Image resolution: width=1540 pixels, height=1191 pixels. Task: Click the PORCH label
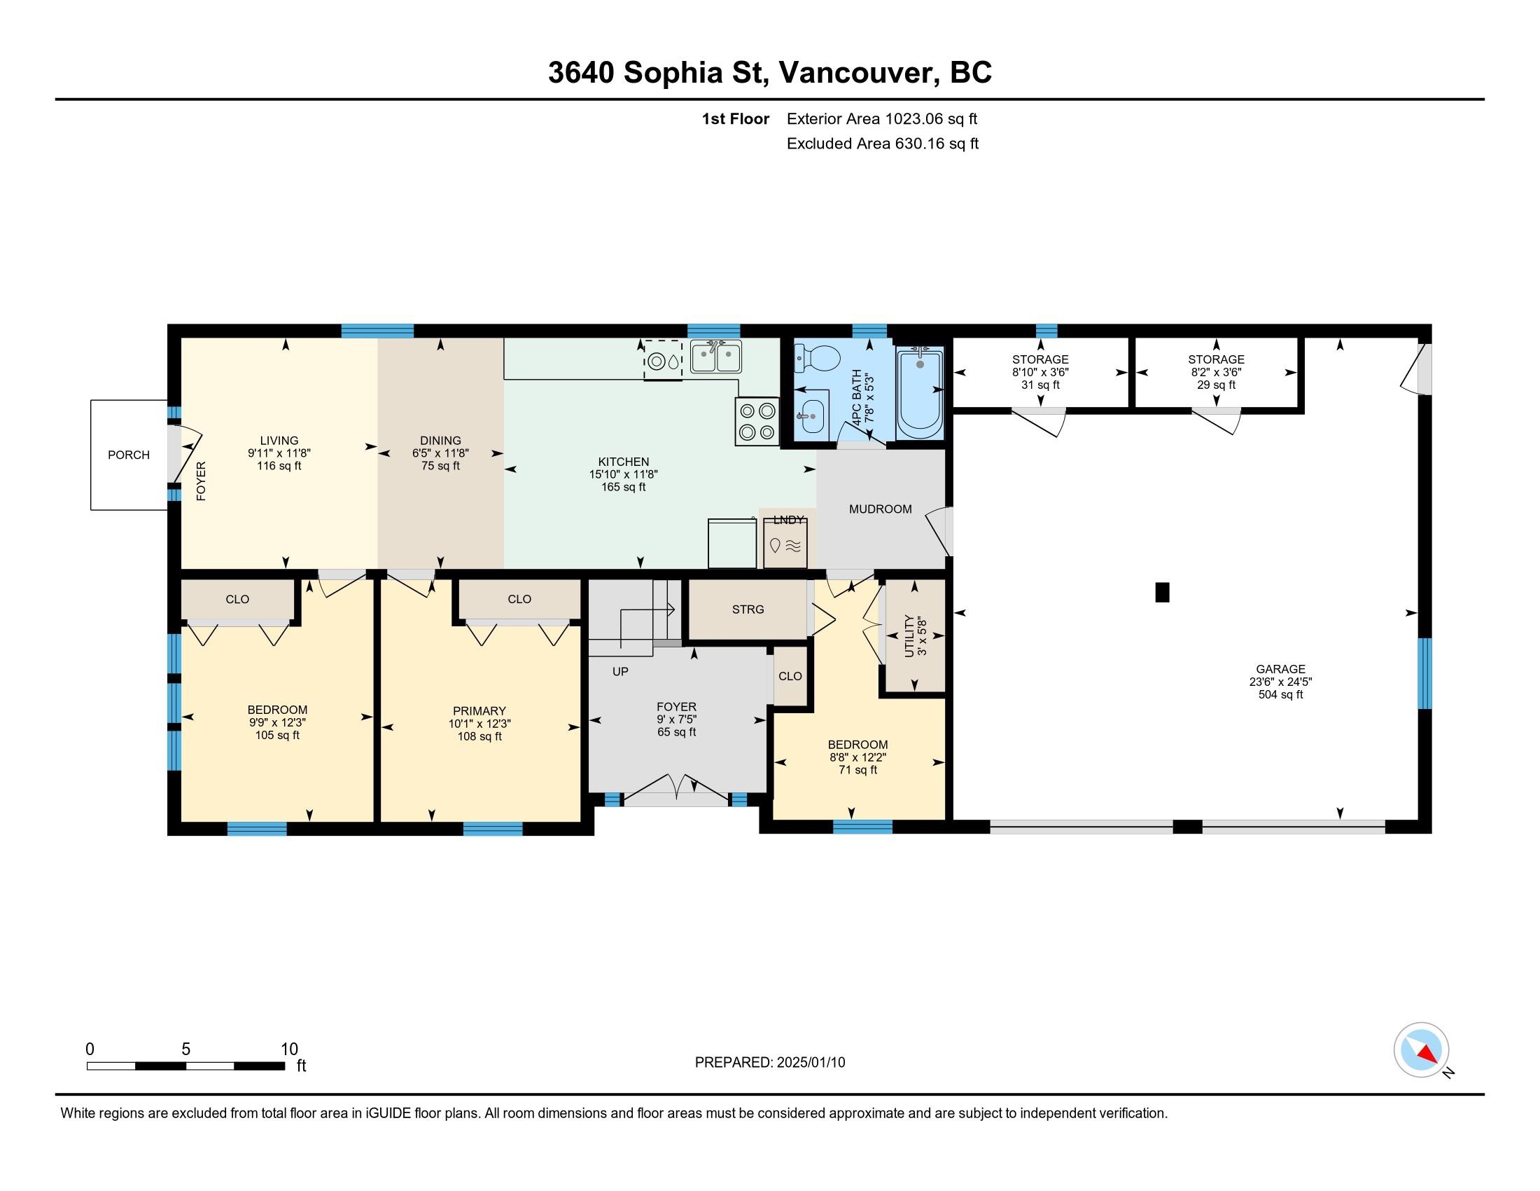click(128, 455)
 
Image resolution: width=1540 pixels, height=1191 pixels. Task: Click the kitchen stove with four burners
click(757, 421)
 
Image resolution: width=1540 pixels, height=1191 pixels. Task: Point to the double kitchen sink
click(715, 357)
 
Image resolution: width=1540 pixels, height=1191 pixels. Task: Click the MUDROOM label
click(880, 509)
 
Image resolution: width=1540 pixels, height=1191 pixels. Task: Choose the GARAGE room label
click(1280, 669)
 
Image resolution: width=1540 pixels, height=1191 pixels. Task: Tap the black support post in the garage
click(1162, 592)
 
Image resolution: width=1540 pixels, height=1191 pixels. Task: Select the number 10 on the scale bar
click(289, 1049)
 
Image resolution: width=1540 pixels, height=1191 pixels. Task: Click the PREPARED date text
click(770, 1063)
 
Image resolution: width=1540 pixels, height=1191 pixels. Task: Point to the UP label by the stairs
click(620, 672)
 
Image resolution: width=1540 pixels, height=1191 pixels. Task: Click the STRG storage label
click(748, 609)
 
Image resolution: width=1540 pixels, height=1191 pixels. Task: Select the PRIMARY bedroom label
click(479, 710)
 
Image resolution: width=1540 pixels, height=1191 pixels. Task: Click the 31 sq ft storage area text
click(1040, 385)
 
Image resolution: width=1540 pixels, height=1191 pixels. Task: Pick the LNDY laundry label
click(788, 520)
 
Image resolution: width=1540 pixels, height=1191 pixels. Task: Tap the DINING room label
click(441, 440)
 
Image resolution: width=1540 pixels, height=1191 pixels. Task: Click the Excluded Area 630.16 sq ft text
click(883, 144)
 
